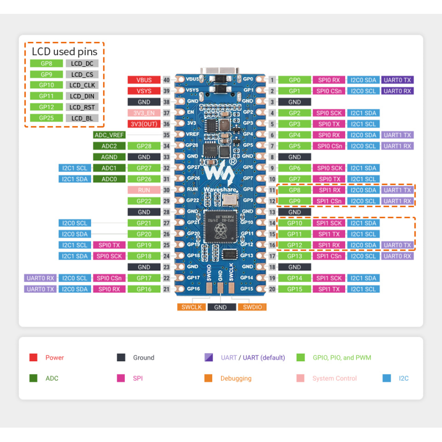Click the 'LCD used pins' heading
pos(64,51)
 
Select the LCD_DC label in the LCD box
pos(82,64)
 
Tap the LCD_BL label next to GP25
pos(82,118)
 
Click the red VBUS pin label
pos(144,80)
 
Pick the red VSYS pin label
pos(144,91)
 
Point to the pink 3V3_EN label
pos(144,113)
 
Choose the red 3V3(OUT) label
pos(144,124)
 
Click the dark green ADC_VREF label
pos(109,135)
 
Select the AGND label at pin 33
pos(109,157)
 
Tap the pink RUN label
pos(144,190)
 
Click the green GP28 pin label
pos(144,146)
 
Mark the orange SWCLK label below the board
pos(191,307)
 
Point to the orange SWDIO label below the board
pos(251,307)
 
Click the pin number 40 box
pos(166,80)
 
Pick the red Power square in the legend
pos(33,357)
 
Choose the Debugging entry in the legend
pos(236,378)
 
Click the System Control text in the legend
pos(334,378)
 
